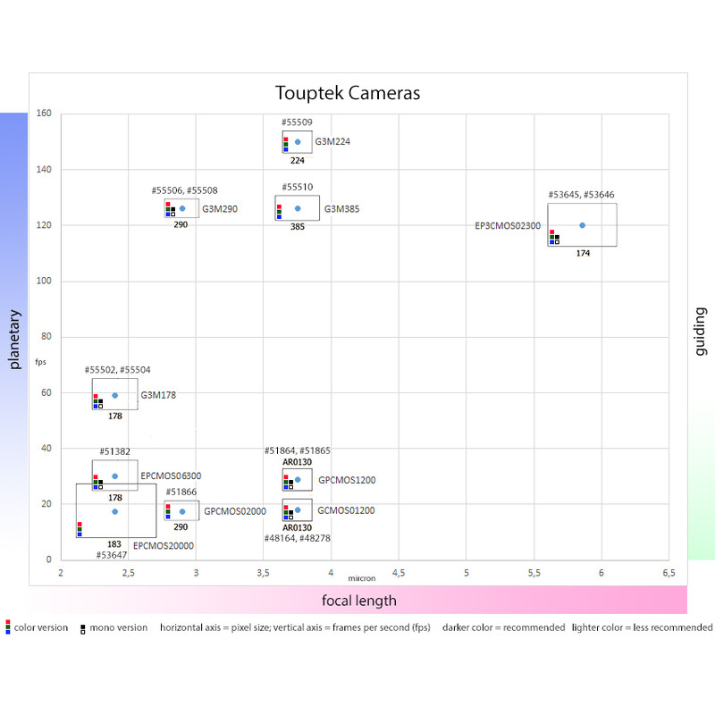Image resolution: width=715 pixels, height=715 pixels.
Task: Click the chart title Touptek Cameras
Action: click(348, 93)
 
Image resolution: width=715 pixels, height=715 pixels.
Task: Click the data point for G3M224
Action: click(298, 142)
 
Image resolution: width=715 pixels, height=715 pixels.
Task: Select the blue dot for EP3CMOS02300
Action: click(582, 225)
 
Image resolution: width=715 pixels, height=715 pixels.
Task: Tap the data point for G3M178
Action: click(114, 395)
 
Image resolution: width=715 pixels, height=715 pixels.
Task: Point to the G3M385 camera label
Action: click(341, 209)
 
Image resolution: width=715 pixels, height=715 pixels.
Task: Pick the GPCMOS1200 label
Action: click(347, 480)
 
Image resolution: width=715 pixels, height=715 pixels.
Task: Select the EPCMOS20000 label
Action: click(164, 545)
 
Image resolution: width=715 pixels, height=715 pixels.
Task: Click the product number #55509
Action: click(298, 122)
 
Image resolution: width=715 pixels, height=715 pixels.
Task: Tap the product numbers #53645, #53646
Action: click(581, 195)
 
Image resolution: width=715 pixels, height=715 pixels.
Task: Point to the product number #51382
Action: click(115, 452)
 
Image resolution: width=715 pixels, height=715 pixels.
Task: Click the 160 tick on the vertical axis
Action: click(44, 114)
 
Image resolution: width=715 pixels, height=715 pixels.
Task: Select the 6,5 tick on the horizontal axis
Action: click(668, 572)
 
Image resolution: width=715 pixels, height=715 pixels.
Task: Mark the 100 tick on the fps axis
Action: click(44, 282)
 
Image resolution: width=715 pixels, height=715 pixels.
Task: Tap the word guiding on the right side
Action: click(700, 332)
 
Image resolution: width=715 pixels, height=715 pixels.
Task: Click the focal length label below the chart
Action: click(359, 600)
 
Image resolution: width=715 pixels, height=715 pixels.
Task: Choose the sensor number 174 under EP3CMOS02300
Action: click(583, 253)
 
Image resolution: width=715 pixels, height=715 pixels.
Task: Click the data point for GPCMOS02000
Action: click(182, 512)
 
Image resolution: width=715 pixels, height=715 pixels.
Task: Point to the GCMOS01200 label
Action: click(346, 510)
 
